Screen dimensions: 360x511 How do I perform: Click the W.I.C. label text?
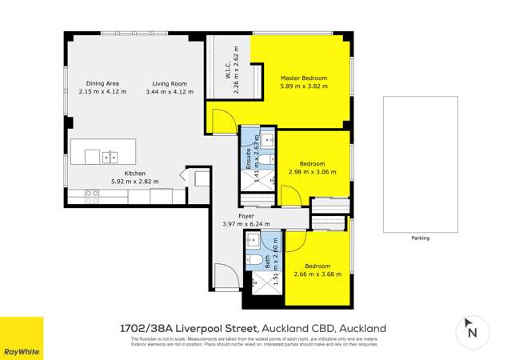click(228, 68)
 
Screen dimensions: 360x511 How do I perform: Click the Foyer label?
click(246, 215)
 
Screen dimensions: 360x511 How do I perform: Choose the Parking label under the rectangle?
click(420, 238)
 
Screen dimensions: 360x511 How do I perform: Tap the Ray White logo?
click(22, 338)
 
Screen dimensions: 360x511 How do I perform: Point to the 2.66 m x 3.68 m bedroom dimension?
click(317, 274)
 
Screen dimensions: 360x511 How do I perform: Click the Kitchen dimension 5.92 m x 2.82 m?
click(124, 182)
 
